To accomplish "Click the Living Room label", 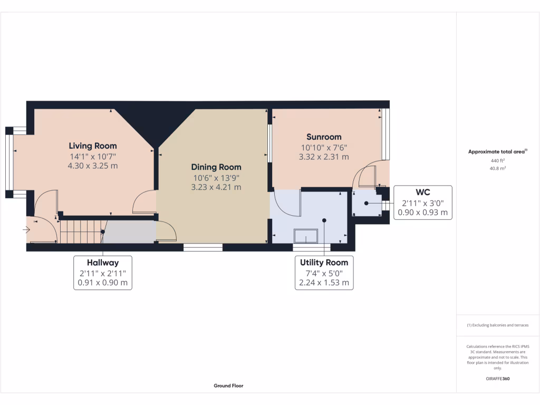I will [93, 146].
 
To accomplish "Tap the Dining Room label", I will [216, 167].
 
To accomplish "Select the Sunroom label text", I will [324, 137].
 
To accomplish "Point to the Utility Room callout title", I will [324, 262].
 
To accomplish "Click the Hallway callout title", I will [103, 262].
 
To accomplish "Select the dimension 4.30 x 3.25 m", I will [93, 166].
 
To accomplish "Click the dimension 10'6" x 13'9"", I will [216, 177].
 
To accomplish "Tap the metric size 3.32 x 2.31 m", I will [324, 157].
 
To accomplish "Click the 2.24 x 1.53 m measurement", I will [324, 282].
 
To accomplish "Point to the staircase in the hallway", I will [80, 232].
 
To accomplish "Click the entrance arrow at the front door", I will [26, 229].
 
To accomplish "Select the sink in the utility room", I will [305, 235].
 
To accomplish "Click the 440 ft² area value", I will [497, 160].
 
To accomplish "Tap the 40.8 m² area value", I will [497, 169].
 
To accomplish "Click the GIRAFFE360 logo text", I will [497, 379].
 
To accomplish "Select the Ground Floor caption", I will [228, 385].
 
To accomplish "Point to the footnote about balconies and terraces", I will [497, 325].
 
